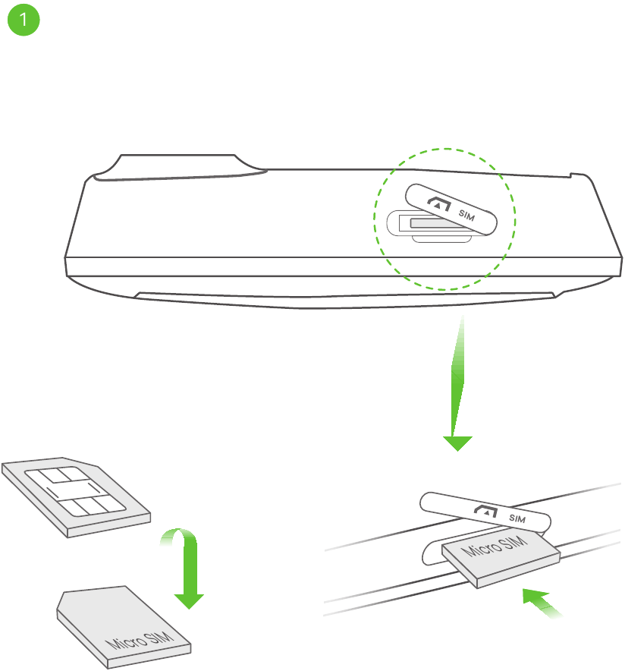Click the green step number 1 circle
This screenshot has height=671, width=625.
(24, 20)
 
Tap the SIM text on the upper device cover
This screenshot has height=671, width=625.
(466, 215)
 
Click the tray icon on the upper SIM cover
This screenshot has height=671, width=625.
(439, 203)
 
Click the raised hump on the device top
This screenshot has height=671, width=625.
(180, 167)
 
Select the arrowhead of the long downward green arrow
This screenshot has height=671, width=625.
(457, 443)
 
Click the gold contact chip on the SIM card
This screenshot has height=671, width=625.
(75, 491)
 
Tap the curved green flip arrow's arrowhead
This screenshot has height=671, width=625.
(189, 601)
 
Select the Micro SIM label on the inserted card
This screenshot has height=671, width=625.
(496, 547)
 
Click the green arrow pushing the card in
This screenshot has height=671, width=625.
(542, 603)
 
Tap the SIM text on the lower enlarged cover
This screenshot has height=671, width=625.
(517, 518)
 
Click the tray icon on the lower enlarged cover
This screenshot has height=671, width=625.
(486, 511)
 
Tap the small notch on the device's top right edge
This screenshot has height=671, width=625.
(570, 175)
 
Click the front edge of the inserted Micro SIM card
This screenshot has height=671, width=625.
(518, 572)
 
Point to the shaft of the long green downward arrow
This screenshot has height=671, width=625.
(457, 376)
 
